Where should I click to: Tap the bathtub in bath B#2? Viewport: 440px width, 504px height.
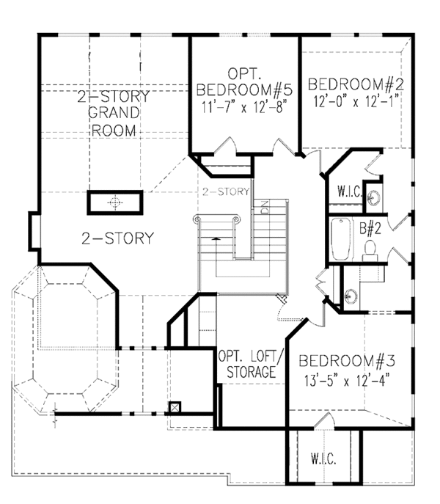point(341,239)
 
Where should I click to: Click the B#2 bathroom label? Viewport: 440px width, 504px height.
point(368,227)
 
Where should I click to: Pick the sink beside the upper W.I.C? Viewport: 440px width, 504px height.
point(374,197)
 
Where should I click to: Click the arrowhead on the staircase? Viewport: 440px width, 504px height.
point(215,238)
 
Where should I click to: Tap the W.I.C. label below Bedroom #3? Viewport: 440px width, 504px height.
point(323,460)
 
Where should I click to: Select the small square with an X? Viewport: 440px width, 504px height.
point(175,408)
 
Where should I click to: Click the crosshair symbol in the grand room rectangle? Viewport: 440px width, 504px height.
point(114,202)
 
